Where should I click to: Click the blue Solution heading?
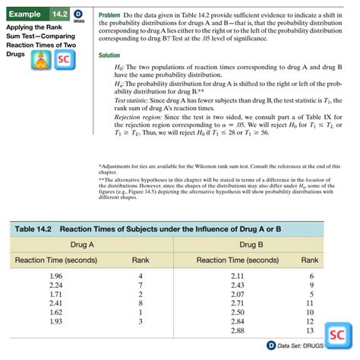pyautogui.click(x=109, y=55)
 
